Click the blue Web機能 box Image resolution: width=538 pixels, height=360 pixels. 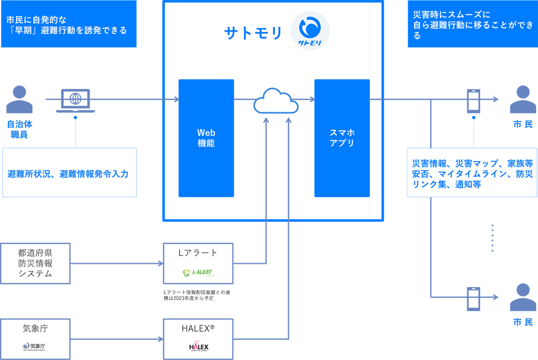click(206, 138)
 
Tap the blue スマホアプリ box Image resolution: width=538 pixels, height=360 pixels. click(342, 138)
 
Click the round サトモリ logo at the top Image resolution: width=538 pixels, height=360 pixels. click(310, 30)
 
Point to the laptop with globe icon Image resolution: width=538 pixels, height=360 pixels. click(75, 100)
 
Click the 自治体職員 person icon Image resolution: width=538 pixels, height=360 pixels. click(20, 100)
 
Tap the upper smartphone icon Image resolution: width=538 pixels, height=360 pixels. click(473, 100)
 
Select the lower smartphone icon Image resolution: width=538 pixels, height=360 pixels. click(473, 298)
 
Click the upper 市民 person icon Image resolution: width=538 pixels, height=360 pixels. click(522, 100)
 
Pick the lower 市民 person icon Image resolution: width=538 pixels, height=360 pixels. click(522, 297)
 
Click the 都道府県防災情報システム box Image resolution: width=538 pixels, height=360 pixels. click(36, 264)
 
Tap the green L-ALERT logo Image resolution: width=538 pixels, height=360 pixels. click(198, 273)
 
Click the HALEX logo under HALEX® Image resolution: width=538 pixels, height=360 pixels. click(198, 347)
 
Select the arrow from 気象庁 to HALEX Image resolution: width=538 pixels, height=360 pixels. click(117, 339)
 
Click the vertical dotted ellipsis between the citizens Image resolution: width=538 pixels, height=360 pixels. click(492, 238)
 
